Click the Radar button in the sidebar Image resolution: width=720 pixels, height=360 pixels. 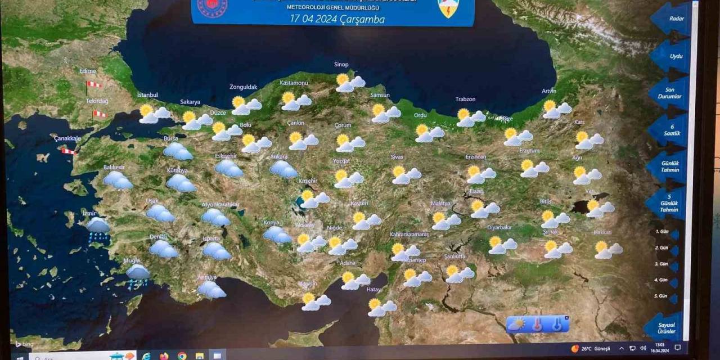pyautogui.click(x=675, y=19)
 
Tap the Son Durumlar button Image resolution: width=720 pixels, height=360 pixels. pyautogui.click(x=670, y=93)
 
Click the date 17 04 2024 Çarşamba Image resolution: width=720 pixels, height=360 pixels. pyautogui.click(x=337, y=19)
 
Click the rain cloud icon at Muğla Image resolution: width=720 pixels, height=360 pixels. pyautogui.click(x=137, y=276)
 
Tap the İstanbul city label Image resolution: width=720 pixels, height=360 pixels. pyautogui.click(x=147, y=95)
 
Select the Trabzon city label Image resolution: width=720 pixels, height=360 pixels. pyautogui.click(x=465, y=100)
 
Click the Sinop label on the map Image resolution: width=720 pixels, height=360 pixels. pyautogui.click(x=341, y=65)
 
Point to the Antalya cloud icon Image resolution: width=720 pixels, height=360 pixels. pyautogui.click(x=211, y=289)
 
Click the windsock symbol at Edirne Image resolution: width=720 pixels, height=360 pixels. pyautogui.click(x=94, y=84)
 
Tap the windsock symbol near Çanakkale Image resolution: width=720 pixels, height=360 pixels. pyautogui.click(x=69, y=151)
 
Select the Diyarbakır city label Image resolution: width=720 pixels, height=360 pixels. pyautogui.click(x=499, y=227)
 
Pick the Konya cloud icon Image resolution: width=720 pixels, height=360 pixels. pyautogui.click(x=277, y=234)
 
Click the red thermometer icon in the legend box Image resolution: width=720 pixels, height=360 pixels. pyautogui.click(x=537, y=325)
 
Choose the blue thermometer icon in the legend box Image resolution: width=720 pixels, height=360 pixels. pyautogui.click(x=557, y=325)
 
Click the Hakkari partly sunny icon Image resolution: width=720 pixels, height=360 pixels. pyautogui.click(x=608, y=250)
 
